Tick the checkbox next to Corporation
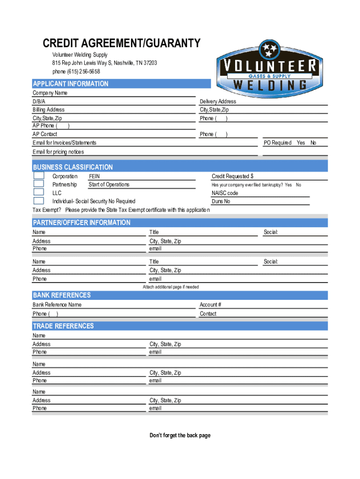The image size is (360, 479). tap(39, 176)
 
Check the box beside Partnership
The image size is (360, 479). tap(39, 184)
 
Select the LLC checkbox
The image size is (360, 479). tap(39, 192)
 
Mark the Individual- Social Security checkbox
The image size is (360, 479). tap(39, 201)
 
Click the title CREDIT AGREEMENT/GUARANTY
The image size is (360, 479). tap(122, 44)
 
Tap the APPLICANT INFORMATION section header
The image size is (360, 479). tap(71, 84)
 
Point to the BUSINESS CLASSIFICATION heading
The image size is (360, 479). tap(72, 167)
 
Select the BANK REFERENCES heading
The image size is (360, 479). tap(62, 295)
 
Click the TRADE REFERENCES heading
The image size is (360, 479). tap(63, 326)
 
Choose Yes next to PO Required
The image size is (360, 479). tap(301, 143)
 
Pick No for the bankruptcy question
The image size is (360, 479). tap(298, 185)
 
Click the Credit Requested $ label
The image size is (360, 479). tap(232, 176)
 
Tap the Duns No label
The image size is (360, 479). tap(221, 201)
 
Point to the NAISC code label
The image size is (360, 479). tap(225, 193)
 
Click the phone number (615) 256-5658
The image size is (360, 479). tap(76, 72)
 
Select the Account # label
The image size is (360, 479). tap(210, 305)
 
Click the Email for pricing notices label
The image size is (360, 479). tap(58, 152)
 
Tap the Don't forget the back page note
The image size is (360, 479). tap(180, 435)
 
